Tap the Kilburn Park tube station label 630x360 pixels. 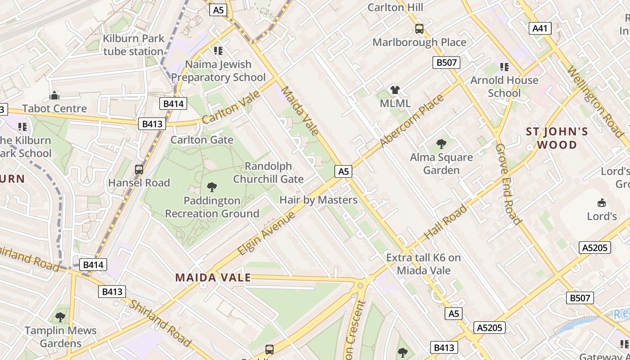[x=133, y=45]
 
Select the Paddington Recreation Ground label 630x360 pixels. [x=212, y=207]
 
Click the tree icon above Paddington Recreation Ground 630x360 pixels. [x=211, y=187]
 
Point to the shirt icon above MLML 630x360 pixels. [x=395, y=90]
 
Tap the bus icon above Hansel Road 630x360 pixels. [x=139, y=170]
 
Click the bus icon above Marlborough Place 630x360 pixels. [x=419, y=29]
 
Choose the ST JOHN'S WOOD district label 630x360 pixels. [x=557, y=138]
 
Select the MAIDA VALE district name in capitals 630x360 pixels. [x=213, y=278]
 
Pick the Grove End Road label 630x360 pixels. [x=508, y=184]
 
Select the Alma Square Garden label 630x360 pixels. [x=441, y=164]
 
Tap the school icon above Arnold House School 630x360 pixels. [x=504, y=67]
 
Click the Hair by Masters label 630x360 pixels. [x=319, y=200]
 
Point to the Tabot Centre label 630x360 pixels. [x=54, y=108]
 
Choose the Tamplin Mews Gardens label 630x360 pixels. [x=60, y=337]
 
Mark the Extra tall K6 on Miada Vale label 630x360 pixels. [x=423, y=264]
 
